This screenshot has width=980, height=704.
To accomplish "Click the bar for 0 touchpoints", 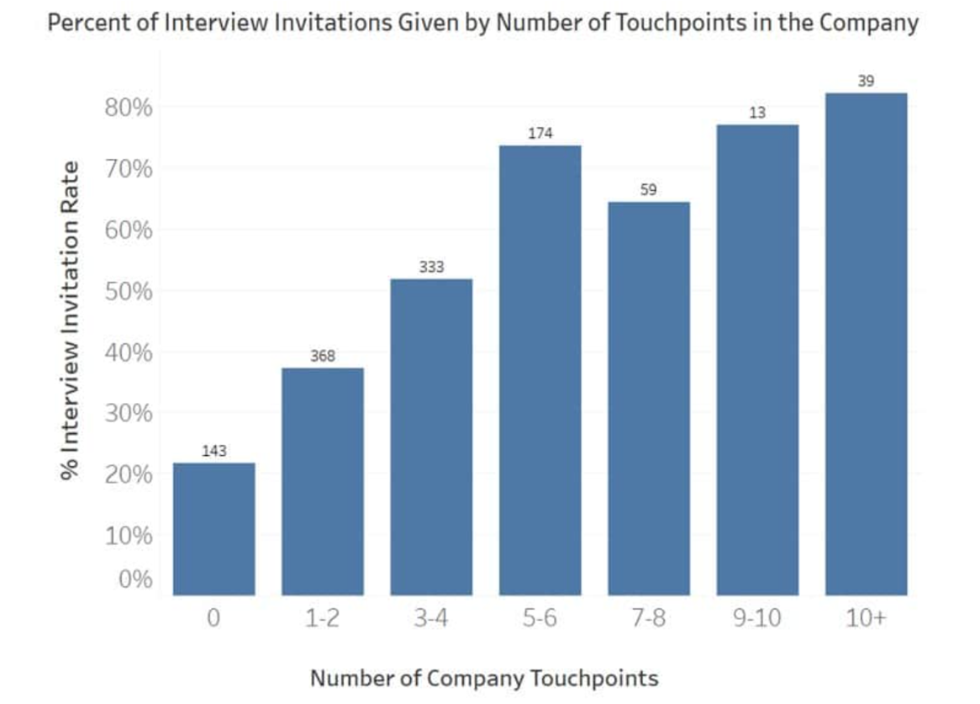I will [x=213, y=529].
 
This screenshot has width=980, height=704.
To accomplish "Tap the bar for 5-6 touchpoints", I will [x=540, y=370].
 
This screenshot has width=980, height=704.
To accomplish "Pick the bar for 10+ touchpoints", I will [x=866, y=344].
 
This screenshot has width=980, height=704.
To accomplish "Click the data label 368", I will [x=323, y=357].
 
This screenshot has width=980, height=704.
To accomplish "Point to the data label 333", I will [x=431, y=267].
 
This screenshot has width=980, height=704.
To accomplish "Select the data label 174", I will [x=540, y=134].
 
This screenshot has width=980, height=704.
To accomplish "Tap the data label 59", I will [x=649, y=190].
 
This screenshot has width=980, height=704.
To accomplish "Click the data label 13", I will [x=757, y=113].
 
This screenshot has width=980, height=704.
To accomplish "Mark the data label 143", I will [x=214, y=452].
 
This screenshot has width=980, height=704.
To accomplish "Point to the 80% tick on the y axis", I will [x=129, y=108].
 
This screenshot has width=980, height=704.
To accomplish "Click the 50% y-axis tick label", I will [x=129, y=292].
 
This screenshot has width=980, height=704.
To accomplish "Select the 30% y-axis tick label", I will [x=129, y=414].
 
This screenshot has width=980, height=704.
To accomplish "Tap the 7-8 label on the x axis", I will [x=649, y=619].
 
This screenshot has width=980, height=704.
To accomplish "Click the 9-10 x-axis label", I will [x=757, y=619].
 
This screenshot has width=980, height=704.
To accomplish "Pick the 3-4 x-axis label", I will [x=431, y=619].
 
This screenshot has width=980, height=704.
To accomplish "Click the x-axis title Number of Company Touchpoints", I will [x=484, y=677].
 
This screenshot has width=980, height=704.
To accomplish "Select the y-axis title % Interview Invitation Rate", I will [x=71, y=320].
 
